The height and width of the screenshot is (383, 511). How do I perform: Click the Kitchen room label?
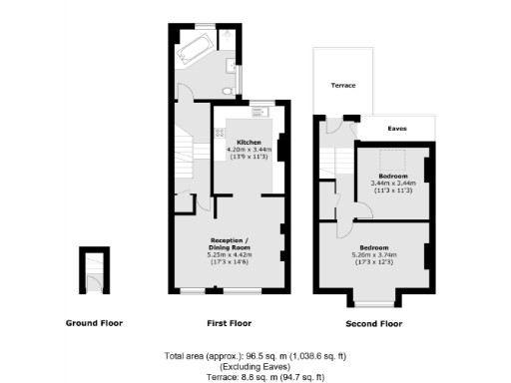click(x=249, y=143)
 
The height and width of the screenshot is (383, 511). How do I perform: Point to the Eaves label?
click(x=396, y=129)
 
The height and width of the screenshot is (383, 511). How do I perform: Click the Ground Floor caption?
click(x=96, y=323)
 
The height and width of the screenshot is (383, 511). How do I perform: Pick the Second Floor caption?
click(x=373, y=324)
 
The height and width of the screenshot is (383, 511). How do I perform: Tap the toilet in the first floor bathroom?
click(x=228, y=91)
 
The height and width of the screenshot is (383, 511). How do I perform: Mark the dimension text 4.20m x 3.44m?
click(x=249, y=150)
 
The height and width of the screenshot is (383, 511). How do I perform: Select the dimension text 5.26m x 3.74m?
click(x=374, y=253)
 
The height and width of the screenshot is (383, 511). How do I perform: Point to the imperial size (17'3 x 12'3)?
click(x=374, y=260)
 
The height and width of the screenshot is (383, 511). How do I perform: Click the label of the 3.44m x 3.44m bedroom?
click(x=392, y=176)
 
